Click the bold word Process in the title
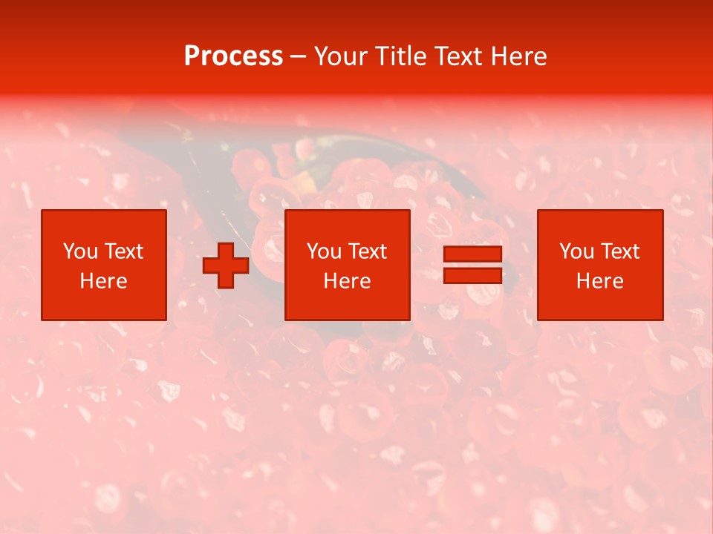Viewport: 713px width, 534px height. click(233, 56)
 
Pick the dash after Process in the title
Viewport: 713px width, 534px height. click(299, 57)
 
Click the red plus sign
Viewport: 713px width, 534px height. click(226, 265)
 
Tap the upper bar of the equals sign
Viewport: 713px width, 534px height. click(472, 254)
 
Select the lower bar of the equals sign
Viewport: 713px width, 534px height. click(472, 275)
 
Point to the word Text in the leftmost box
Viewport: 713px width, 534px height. click(123, 251)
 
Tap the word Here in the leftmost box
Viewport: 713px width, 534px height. click(104, 281)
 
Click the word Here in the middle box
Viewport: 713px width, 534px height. click(348, 281)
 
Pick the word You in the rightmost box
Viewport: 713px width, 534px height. click(576, 251)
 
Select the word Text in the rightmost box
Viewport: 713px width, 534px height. click(619, 251)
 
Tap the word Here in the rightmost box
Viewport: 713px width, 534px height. click(600, 281)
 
